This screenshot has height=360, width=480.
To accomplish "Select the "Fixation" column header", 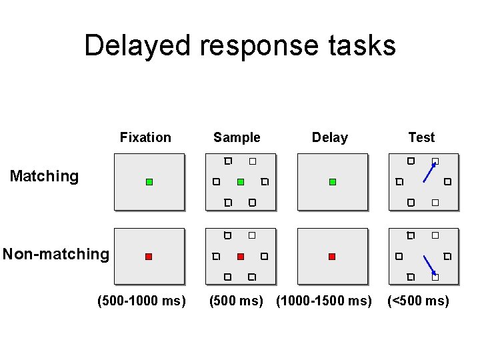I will point(145,137).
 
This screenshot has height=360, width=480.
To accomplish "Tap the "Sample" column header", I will point(237,137).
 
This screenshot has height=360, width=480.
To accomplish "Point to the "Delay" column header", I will point(330,137).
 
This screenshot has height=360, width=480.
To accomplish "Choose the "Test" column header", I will point(421,137).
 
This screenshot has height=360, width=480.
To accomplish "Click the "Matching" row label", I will point(44,176).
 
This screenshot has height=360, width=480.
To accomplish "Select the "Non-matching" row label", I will point(55,254).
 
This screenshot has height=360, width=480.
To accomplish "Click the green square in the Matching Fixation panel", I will point(149,182).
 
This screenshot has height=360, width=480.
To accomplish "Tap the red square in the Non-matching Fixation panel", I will point(149,257).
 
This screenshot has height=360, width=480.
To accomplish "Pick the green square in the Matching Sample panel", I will point(241,182).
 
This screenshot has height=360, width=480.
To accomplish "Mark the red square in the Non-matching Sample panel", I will point(241,257).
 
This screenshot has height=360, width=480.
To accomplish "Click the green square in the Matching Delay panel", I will point(333,182).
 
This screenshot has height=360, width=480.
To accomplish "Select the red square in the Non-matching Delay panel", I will point(332,257).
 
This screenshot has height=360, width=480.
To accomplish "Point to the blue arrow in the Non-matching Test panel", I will point(429,265).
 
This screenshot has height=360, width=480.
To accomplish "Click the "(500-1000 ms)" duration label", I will point(141,301).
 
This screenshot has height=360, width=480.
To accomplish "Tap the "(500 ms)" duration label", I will point(236,301).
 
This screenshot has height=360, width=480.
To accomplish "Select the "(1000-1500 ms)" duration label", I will point(324,301).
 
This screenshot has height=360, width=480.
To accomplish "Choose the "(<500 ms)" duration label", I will point(419,301).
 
